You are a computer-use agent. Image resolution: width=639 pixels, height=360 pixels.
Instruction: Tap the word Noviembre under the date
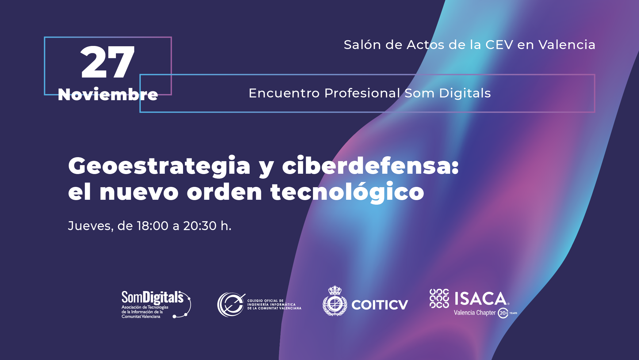point(108,94)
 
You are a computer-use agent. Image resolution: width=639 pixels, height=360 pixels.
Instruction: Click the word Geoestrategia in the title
point(159,166)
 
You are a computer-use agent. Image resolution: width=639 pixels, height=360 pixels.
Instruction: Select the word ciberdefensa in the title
point(370,166)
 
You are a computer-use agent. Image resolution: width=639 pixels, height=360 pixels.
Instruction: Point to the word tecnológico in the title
point(347,192)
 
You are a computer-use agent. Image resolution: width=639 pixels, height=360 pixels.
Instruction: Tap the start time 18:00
point(153,226)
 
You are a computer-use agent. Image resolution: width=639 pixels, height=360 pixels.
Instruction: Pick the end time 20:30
point(200,226)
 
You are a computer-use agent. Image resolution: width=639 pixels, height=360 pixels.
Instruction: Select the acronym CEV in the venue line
point(499,45)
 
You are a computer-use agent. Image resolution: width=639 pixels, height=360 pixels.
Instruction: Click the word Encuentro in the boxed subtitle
point(284,93)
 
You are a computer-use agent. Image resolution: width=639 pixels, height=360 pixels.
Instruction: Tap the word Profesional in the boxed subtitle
point(362,93)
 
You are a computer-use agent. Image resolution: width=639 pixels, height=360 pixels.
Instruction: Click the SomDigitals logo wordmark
point(152,297)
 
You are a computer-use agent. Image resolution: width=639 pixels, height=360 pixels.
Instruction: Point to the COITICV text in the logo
point(380,305)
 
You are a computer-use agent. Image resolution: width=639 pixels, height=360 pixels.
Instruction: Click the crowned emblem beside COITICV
point(335,301)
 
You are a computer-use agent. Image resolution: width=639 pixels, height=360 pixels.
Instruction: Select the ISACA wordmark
point(480,299)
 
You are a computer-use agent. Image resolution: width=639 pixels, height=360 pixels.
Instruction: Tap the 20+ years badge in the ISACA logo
point(503,313)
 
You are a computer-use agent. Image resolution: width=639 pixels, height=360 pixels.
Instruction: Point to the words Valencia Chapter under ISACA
point(474,313)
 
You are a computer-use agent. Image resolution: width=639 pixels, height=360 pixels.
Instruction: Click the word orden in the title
point(224,192)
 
